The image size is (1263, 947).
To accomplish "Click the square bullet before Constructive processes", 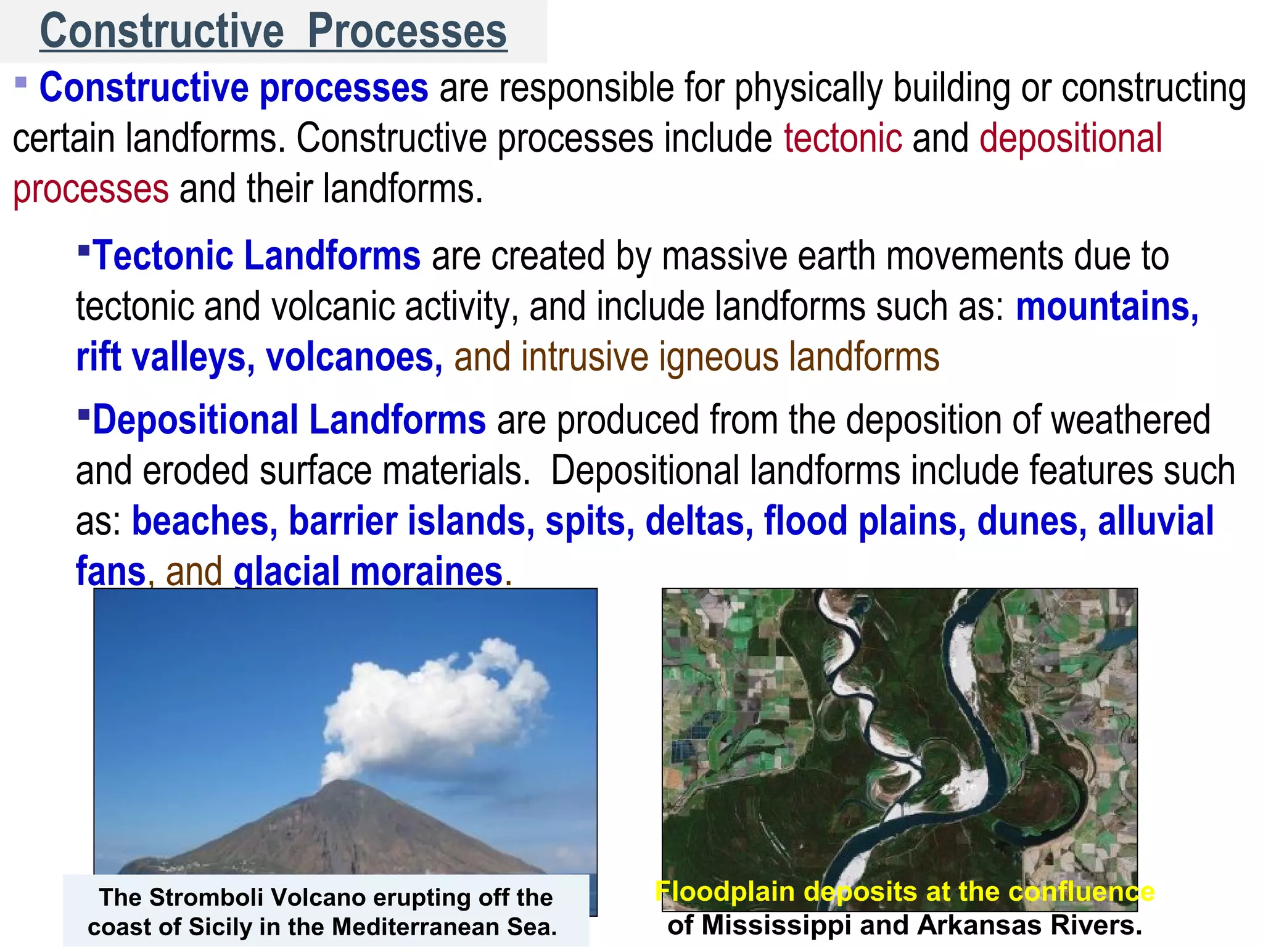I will (21, 83).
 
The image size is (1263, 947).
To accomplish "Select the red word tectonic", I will (843, 138).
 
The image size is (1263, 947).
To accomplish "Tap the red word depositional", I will (1071, 138).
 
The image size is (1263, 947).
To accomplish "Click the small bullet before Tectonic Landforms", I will (84, 249).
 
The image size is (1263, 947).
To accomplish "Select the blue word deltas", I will (699, 521).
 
